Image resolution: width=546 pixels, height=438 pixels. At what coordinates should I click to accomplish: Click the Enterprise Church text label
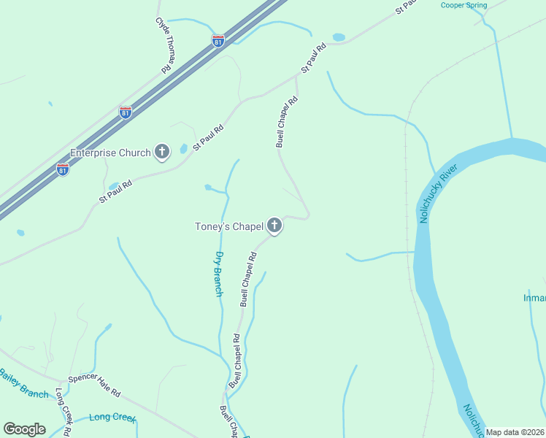click(x=110, y=153)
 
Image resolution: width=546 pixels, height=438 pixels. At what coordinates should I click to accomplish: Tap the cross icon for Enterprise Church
click(x=162, y=153)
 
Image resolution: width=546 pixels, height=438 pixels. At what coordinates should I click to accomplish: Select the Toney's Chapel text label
click(x=228, y=226)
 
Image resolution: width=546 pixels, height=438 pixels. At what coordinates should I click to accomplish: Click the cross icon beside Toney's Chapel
click(x=274, y=226)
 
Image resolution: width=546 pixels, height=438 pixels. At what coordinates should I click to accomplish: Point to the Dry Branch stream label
click(x=218, y=274)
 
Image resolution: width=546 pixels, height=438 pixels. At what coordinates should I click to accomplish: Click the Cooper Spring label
click(x=464, y=5)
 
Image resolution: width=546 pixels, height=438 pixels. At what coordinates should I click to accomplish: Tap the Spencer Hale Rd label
click(x=94, y=385)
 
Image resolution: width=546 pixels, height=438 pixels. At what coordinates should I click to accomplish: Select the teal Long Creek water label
click(x=112, y=418)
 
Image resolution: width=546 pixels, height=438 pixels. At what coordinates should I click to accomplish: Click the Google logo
click(x=25, y=429)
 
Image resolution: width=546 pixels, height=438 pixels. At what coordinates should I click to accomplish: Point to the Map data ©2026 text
click(x=515, y=432)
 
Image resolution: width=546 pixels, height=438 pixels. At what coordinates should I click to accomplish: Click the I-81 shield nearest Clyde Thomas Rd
click(x=218, y=41)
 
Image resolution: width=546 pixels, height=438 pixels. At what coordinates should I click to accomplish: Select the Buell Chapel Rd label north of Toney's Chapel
click(x=288, y=122)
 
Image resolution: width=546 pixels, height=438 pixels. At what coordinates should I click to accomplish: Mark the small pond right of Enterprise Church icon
click(x=183, y=149)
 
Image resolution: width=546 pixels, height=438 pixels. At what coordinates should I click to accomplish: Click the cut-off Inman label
click(x=534, y=298)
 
